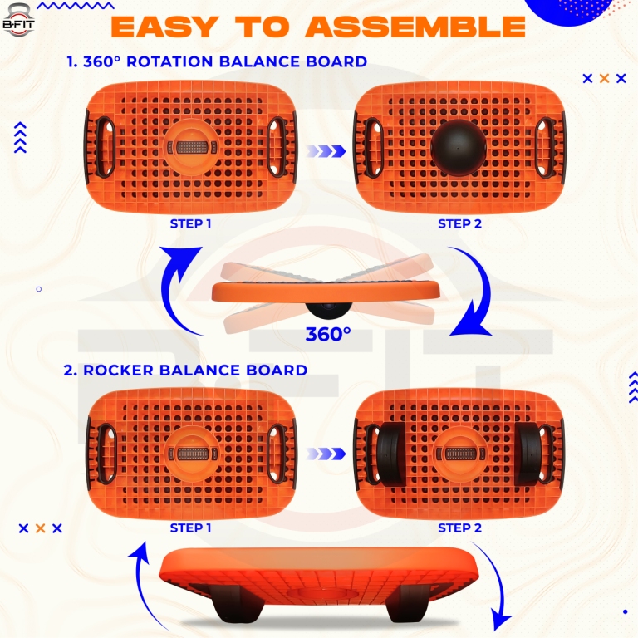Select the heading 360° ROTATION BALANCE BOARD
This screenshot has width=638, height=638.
tap(216, 62)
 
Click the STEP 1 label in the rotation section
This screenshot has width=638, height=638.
tap(191, 223)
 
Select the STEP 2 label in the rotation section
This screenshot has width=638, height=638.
tap(459, 223)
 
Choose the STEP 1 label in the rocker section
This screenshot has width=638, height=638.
tap(191, 528)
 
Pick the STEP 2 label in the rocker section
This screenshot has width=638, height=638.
tap(459, 528)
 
